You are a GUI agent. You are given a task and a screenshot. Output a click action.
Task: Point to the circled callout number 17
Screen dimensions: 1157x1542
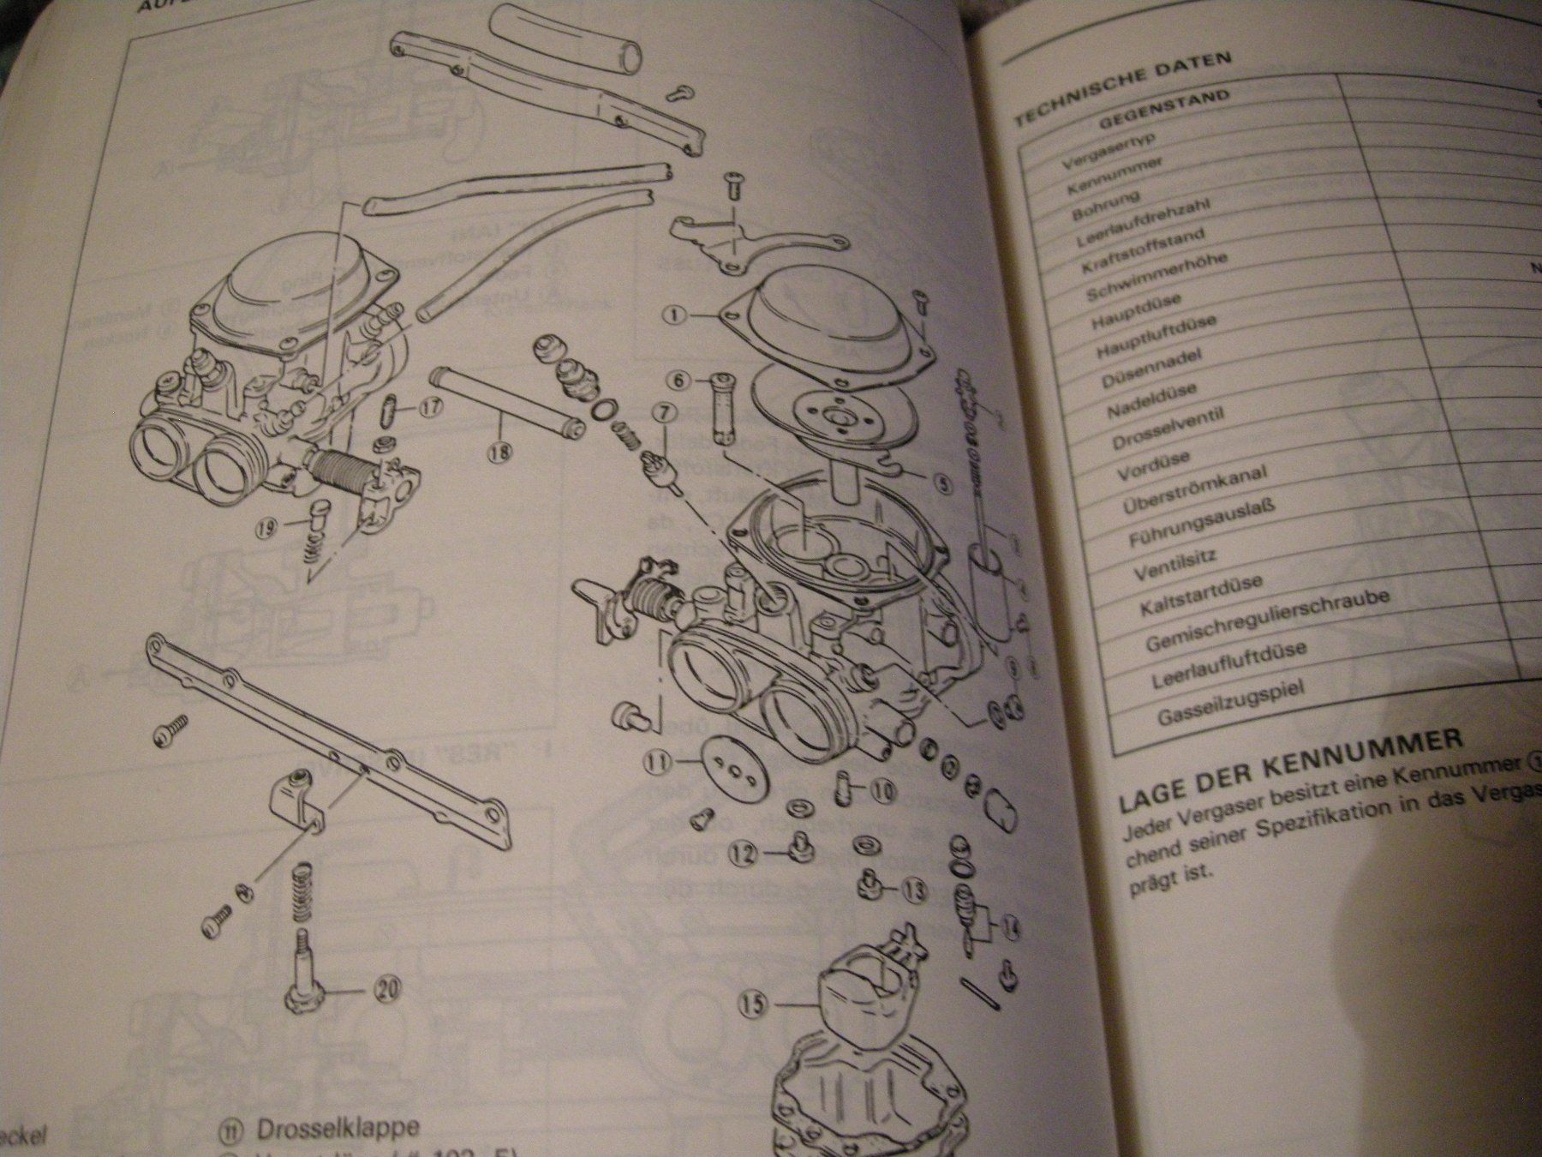[429, 408]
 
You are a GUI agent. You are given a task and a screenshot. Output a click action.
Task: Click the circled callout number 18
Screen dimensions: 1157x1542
[501, 453]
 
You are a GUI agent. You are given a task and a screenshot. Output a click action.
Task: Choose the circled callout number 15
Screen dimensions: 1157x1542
[752, 1003]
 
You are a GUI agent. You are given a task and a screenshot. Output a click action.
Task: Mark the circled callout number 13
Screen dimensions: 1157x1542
[914, 890]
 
